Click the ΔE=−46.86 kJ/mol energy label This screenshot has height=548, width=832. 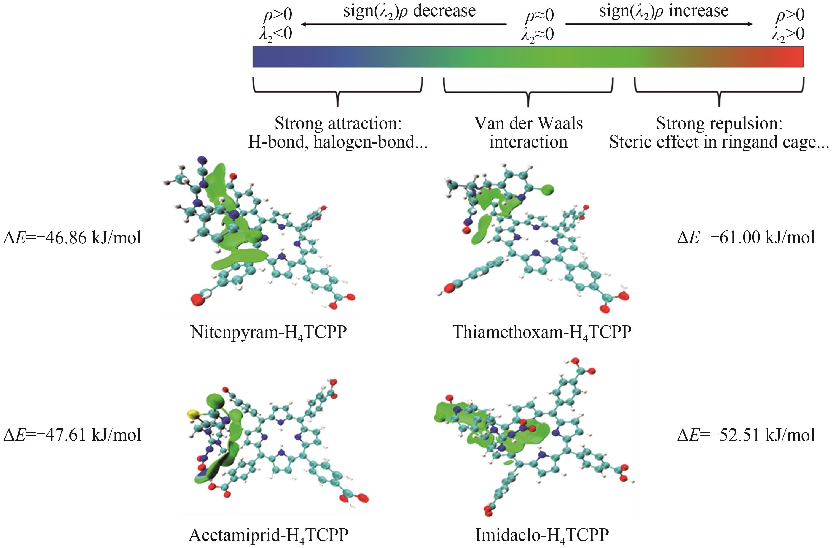(x=73, y=238)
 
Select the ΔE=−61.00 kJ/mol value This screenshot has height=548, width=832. (x=746, y=238)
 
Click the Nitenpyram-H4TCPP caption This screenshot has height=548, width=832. (x=268, y=332)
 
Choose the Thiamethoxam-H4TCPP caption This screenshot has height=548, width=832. (x=542, y=332)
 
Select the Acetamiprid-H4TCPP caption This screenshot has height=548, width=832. (x=268, y=535)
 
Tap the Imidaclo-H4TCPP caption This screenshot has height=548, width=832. (x=542, y=535)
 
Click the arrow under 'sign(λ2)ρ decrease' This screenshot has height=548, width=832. (x=404, y=24)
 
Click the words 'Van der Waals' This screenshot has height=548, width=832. (x=528, y=124)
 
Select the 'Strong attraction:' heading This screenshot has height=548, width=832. (x=338, y=124)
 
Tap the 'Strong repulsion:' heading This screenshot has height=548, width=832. (x=719, y=124)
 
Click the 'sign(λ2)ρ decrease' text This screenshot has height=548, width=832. (x=409, y=11)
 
